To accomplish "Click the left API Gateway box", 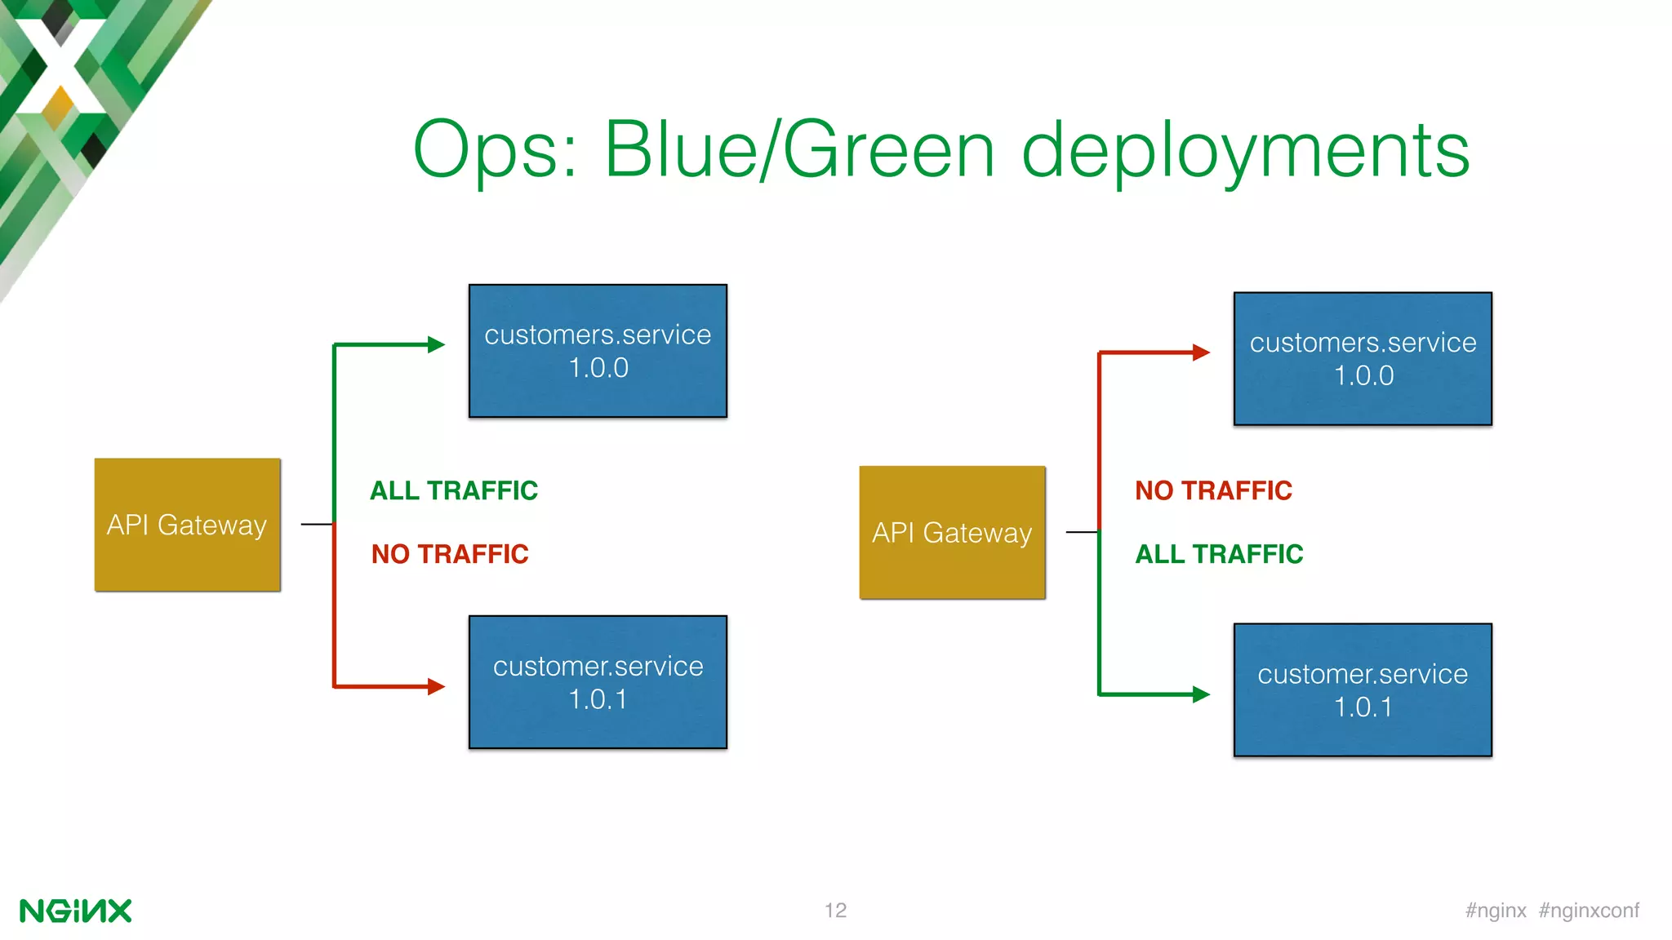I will click(187, 525).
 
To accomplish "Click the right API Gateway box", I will click(952, 533).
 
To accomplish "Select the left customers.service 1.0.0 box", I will click(598, 351).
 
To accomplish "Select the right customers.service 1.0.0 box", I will click(1363, 359).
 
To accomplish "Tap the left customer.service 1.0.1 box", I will click(598, 682).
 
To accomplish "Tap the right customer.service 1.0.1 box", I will click(1363, 690).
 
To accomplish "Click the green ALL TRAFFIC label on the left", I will click(454, 490).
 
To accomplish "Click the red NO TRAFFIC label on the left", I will click(450, 554).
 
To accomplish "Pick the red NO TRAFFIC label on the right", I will click(1214, 490).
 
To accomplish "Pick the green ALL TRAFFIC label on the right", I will click(1219, 554).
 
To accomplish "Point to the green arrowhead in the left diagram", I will click(436, 345).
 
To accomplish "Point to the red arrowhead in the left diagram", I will click(436, 686).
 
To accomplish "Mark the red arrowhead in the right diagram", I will click(1201, 352).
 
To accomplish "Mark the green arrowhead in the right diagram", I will click(1201, 694).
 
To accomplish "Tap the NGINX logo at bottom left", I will click(75, 911).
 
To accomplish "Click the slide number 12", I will click(835, 911).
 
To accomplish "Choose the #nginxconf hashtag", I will click(1589, 911).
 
